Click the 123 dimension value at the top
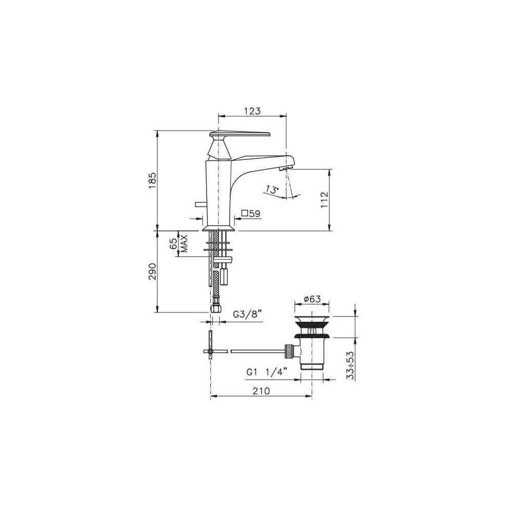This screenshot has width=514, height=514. click(x=252, y=111)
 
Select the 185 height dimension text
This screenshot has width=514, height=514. click(x=153, y=180)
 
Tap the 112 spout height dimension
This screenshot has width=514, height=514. click(x=324, y=199)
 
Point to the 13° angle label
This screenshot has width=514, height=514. click(x=272, y=190)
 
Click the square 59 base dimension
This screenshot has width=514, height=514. click(x=251, y=214)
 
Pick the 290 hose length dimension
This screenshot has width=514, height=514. click(x=153, y=271)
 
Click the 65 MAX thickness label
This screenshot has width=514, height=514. click(x=179, y=243)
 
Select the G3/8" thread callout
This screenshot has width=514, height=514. click(x=247, y=315)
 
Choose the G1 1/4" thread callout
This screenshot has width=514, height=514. click(x=267, y=372)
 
